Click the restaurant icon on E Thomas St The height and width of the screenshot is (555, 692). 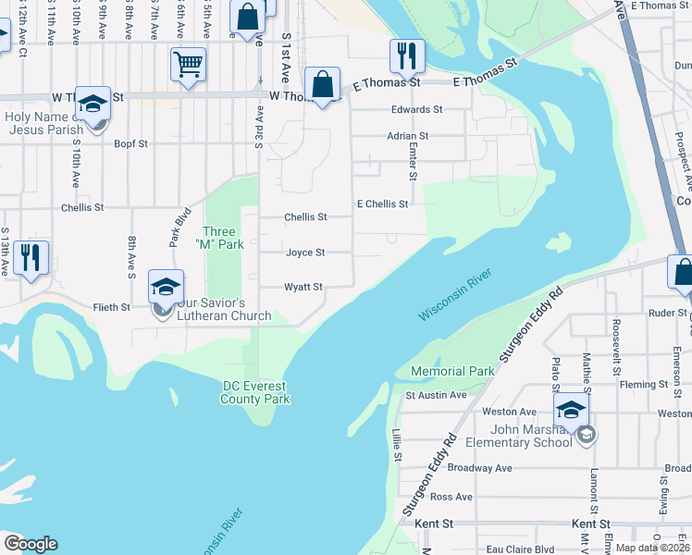[407, 55]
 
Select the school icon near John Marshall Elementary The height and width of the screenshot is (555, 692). [570, 409]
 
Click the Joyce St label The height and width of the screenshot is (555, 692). [305, 253]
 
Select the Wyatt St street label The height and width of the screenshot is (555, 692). [303, 288]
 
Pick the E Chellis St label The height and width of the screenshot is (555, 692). [382, 203]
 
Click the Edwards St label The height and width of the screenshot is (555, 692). [416, 109]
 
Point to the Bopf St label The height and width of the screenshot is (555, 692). [130, 144]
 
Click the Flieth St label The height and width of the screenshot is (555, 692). [111, 306]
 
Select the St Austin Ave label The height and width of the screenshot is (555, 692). [436, 395]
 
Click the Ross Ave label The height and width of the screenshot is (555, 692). [451, 497]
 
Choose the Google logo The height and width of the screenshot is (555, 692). [31, 544]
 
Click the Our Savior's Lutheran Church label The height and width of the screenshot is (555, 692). [224, 309]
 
